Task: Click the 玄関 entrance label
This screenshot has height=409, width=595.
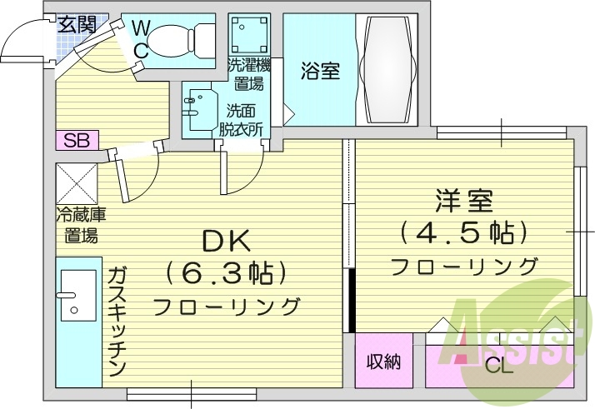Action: (77, 24)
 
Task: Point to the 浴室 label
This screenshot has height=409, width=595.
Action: (320, 72)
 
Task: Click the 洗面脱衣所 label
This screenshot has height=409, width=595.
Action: (242, 119)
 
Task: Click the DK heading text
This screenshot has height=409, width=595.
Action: (226, 242)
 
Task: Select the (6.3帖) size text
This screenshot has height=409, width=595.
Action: (226, 273)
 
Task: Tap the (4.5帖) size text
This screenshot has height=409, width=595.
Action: (464, 232)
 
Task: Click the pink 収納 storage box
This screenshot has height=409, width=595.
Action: (384, 362)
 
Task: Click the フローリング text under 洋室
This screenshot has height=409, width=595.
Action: (464, 266)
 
